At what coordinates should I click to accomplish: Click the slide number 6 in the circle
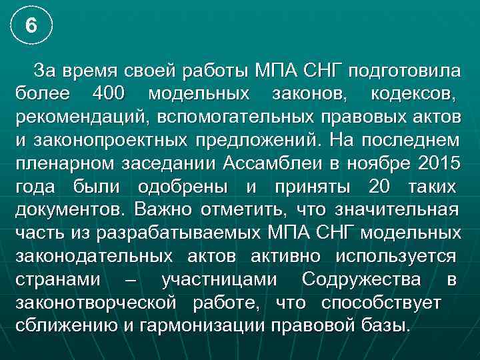(x=31, y=26)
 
